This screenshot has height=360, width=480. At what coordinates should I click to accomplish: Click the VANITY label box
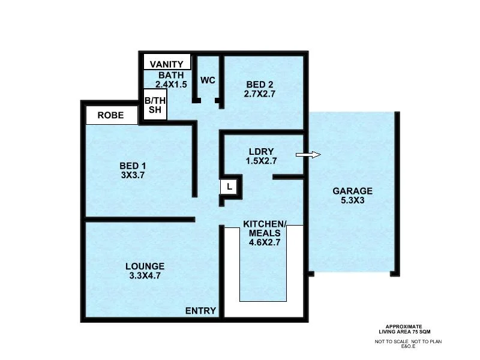point(167,64)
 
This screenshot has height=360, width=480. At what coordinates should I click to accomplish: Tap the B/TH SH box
point(155,105)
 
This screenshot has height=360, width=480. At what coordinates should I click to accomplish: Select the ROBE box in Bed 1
point(111,115)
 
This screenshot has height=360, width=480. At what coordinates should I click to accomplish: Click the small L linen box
point(229,187)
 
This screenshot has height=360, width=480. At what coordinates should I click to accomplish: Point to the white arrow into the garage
point(308,155)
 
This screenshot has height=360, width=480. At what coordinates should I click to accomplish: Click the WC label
point(208,80)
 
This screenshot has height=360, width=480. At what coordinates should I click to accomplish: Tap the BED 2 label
point(260,84)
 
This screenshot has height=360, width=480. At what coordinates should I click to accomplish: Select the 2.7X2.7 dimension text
point(260,94)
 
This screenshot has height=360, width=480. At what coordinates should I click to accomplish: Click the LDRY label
point(262,151)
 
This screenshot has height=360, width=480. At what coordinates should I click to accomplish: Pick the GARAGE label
point(353,191)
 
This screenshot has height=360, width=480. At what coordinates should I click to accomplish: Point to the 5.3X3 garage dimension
point(353,201)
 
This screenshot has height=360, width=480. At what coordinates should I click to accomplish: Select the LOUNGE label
point(145,266)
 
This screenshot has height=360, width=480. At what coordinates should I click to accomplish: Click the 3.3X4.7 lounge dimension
point(145,276)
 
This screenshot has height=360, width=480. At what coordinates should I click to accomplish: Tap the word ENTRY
point(200,310)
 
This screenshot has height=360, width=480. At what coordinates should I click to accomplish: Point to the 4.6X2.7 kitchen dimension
point(265,243)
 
